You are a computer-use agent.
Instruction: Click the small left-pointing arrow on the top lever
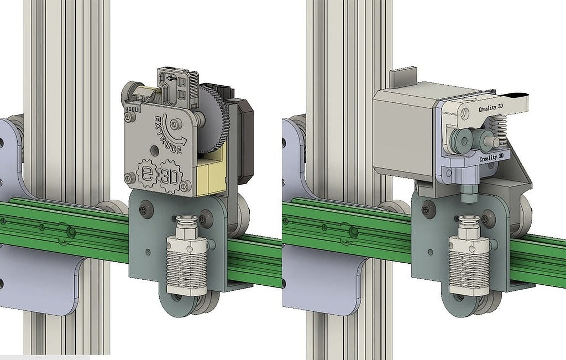[172, 78]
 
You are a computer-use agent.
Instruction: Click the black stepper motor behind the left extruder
[241, 142]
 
